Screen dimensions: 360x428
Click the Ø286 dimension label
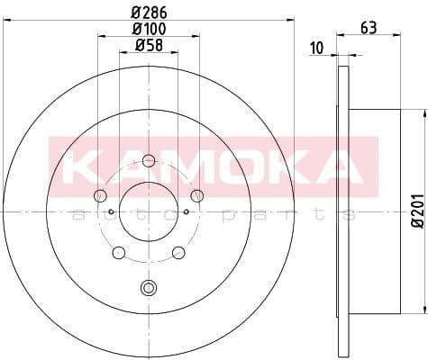[149, 13]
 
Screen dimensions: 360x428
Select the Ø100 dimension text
[149, 30]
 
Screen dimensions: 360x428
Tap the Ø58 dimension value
[149, 45]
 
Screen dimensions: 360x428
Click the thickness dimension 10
[315, 47]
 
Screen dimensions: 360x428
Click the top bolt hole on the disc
[149, 161]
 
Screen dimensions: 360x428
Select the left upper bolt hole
[100, 196]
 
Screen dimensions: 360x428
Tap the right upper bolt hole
[197, 196]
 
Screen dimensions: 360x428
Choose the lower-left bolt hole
[119, 252]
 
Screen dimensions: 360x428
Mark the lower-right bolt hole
[178, 252]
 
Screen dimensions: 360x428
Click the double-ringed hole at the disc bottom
[149, 288]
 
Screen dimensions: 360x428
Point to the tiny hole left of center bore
[111, 212]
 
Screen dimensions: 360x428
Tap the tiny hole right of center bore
[187, 212]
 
